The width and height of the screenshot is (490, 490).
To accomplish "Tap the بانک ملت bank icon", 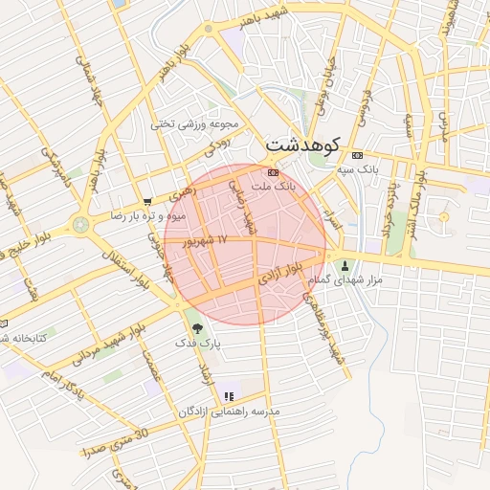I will tap(274, 172).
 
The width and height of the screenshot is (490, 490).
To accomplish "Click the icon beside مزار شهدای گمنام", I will tap(345, 265).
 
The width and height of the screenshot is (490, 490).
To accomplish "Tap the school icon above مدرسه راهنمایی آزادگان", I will tap(228, 395).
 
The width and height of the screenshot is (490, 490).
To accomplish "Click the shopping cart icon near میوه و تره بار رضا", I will tap(145, 201).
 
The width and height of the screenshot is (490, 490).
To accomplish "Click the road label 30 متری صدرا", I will tap(116, 443).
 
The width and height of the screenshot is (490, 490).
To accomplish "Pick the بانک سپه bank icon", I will tap(357, 155).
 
